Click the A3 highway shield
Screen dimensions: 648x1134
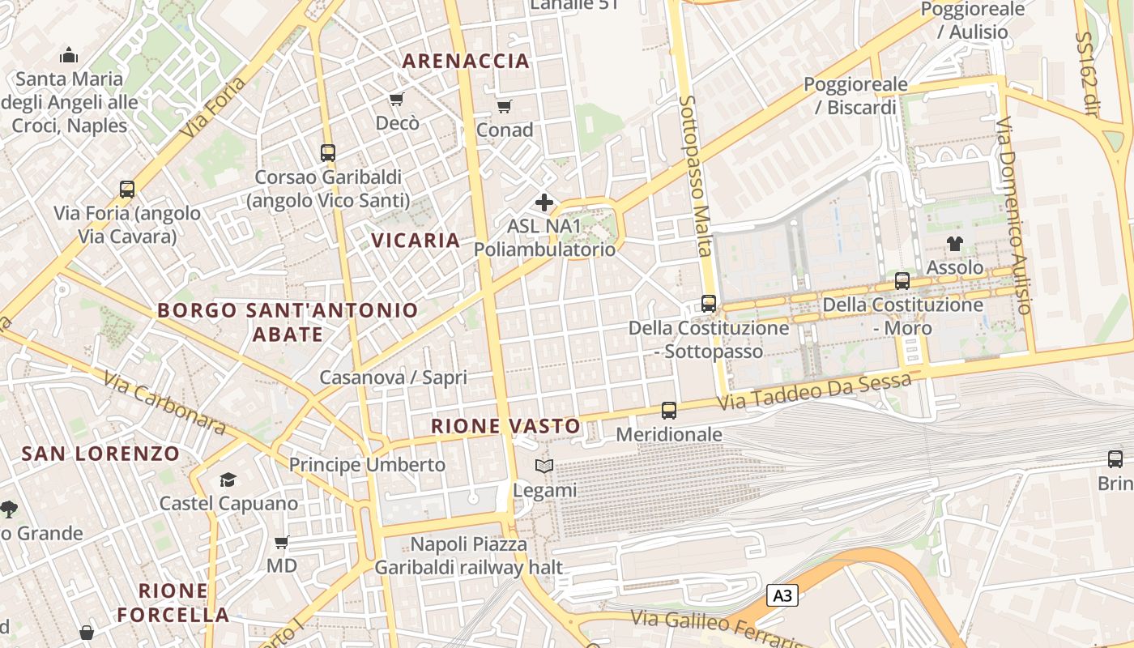tap(782, 596)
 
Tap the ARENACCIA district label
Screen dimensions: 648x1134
tap(466, 61)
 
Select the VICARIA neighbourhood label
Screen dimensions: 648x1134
tap(416, 240)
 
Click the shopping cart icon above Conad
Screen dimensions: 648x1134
tap(505, 106)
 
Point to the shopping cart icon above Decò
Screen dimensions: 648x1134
tap(397, 99)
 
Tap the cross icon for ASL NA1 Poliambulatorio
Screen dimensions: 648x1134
tap(544, 202)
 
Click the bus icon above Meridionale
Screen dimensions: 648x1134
tap(669, 411)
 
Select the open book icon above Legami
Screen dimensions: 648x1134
tap(544, 467)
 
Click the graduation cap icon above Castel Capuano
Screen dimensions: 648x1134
tap(228, 480)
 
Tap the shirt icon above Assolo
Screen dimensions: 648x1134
tap(954, 243)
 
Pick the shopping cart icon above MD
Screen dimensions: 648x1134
tap(281, 542)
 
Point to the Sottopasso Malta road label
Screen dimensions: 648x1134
tap(697, 175)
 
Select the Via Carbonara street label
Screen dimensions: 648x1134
tap(164, 403)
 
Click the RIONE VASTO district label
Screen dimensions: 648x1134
tap(505, 426)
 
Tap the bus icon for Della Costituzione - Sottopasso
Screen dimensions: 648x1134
tap(709, 304)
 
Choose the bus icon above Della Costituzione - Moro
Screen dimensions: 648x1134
tap(902, 281)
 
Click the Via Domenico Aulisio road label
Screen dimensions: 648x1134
tap(1013, 216)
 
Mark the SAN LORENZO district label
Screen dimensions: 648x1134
tap(100, 454)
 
